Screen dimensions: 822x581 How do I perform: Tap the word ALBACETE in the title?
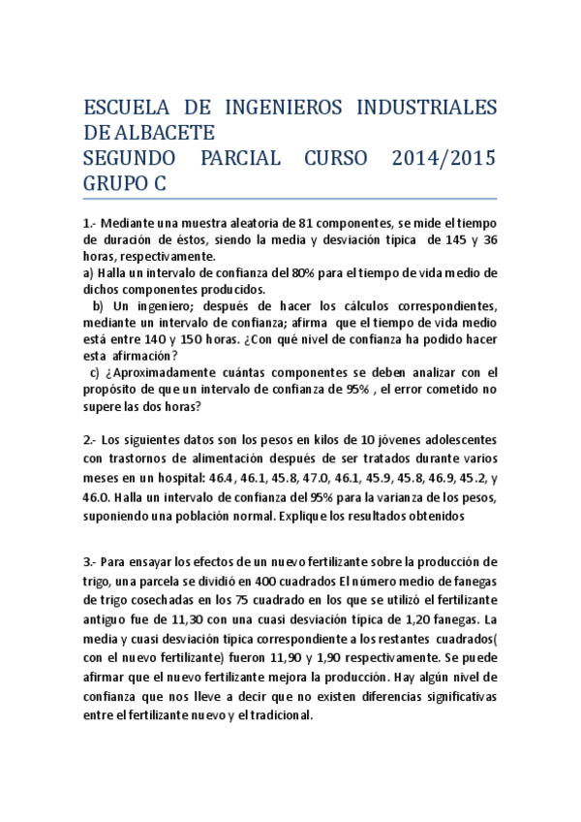[165, 132]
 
